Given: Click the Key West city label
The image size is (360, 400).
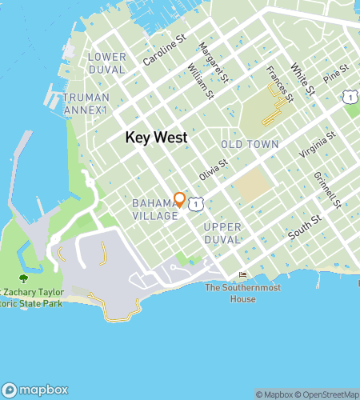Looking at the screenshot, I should coord(156,138).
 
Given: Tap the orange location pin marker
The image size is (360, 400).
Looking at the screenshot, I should coord(180,199).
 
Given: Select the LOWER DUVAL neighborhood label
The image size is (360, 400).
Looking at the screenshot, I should coord(107,63).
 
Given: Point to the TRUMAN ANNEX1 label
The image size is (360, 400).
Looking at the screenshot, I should coord(86,103).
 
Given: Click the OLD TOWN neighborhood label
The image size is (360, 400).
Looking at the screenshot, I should coord(250,145).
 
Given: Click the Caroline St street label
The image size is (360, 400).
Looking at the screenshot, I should coord(164,49).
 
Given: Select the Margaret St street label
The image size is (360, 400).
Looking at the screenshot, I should coord(214,62).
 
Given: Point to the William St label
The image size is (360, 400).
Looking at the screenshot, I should coord(200,82).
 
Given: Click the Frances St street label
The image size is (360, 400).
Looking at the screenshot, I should coord(280,83).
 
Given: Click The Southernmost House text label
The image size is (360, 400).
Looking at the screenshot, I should coord(230,293).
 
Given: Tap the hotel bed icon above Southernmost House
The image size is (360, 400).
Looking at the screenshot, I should coord(242,276).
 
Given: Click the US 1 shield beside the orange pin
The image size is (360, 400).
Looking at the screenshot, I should coord(195,206).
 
